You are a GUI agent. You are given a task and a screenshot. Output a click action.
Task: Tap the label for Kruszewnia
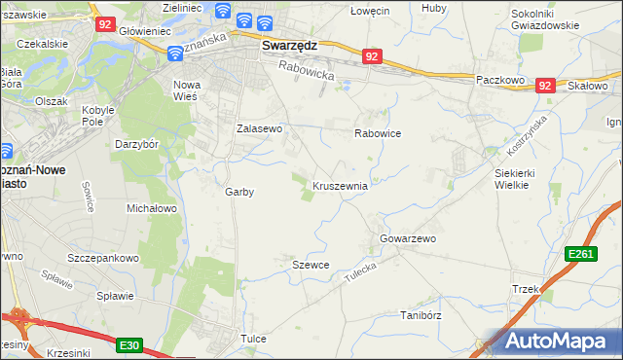click(340, 185)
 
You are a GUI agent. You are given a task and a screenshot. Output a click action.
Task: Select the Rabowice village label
click(378, 133)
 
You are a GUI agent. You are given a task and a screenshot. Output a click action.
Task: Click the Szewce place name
click(311, 265)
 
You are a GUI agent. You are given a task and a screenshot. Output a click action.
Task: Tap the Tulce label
click(253, 339)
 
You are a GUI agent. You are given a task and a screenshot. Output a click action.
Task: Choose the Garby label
click(239, 192)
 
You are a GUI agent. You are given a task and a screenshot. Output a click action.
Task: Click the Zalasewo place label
click(260, 128)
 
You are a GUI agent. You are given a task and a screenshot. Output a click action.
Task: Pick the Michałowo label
click(151, 208)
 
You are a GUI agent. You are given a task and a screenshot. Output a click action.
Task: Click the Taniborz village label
click(421, 315)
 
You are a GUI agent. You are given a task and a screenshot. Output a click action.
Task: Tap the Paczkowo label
click(500, 79)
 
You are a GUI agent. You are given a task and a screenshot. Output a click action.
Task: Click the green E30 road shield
click(130, 344)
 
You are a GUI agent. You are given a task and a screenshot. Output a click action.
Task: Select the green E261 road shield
click(580, 254)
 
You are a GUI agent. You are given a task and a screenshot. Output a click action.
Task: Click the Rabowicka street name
click(306, 69)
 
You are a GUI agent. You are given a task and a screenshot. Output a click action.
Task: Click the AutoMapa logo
click(557, 342)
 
